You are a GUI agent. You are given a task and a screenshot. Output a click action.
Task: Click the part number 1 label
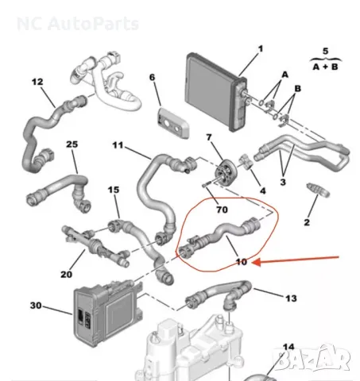(260, 50)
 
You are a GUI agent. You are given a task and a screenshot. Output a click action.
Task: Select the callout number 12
(37, 81)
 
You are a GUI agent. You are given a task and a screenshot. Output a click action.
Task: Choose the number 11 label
(118, 145)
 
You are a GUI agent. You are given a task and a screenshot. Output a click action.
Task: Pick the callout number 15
(114, 190)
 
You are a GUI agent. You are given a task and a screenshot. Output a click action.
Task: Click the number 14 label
(288, 348)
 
